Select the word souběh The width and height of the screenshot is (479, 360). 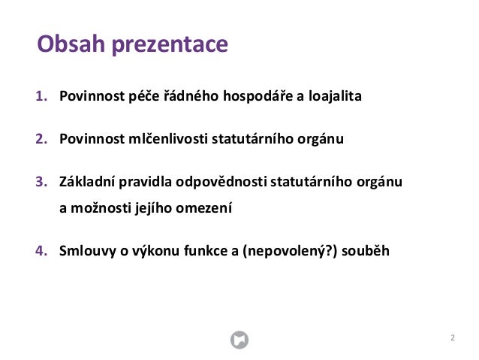[x=366, y=250]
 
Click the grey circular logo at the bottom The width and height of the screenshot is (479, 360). [x=239, y=340]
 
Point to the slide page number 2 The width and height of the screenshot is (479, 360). [x=452, y=338]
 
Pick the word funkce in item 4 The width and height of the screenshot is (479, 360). [x=206, y=250]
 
